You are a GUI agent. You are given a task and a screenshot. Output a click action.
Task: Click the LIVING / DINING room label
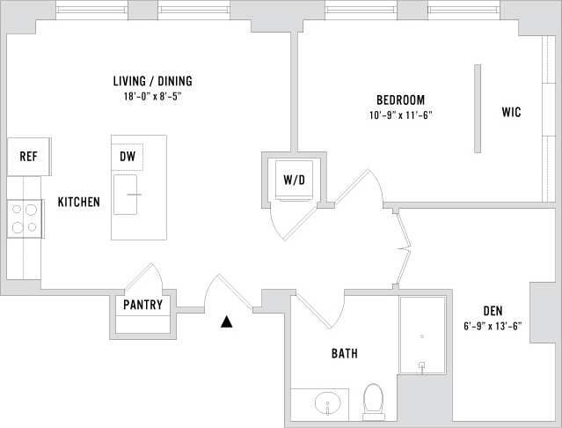[153, 81]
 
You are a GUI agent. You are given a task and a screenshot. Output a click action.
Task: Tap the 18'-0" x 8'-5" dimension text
[153, 96]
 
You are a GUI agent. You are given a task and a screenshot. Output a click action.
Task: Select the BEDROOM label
[401, 100]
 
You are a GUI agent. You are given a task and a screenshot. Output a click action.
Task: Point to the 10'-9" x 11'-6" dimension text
[401, 114]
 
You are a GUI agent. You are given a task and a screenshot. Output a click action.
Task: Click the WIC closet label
[512, 113]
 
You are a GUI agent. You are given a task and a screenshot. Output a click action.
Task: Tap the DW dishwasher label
[128, 157]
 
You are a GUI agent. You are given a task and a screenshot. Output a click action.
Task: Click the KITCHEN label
[78, 202]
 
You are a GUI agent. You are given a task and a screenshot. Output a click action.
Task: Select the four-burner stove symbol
[25, 218]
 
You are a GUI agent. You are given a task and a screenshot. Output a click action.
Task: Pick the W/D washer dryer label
[294, 180]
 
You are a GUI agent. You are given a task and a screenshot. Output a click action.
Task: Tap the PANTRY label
[142, 306]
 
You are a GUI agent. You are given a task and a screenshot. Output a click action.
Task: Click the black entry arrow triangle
[227, 322]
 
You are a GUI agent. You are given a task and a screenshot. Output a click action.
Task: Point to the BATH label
[344, 354]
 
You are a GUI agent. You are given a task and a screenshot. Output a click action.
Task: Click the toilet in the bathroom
[374, 399]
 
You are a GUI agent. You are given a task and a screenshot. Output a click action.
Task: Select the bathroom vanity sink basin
[328, 405]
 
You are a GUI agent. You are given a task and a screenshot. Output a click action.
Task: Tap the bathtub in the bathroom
[422, 336]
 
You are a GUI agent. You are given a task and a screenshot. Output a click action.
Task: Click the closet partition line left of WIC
[478, 107]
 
